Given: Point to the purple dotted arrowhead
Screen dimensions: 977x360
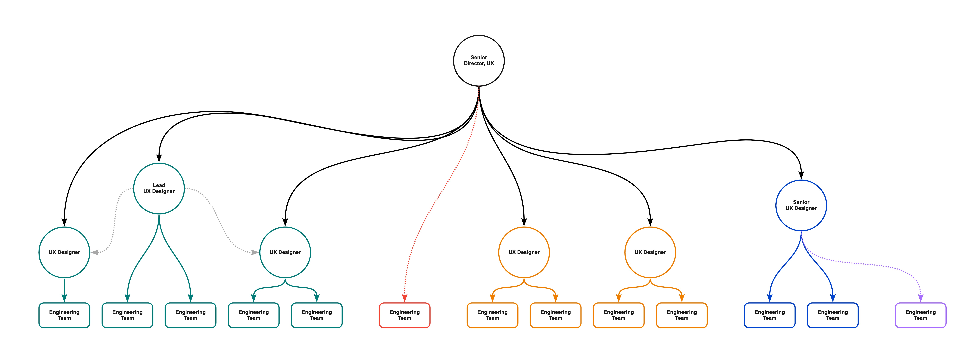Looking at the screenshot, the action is (921, 298).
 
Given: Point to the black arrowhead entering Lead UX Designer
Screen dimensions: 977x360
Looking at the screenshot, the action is (159, 158).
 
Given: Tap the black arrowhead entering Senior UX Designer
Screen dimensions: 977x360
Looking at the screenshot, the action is (801, 175).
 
